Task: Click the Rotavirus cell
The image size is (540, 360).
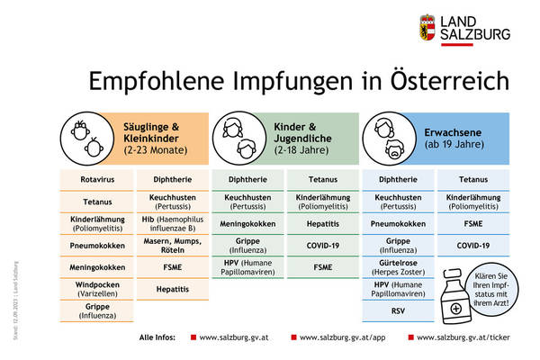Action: pos(96,180)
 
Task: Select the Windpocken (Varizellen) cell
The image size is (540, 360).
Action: pos(96,289)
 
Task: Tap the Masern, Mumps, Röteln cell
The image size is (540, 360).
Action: pos(172,246)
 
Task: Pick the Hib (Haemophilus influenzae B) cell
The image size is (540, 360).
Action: pos(172,224)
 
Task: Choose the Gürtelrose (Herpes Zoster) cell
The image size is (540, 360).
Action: pos(398,267)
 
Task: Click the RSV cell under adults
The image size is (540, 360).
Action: pos(398,311)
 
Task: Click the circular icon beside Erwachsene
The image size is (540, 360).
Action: pos(386,136)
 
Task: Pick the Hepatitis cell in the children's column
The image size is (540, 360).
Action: pos(322,223)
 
